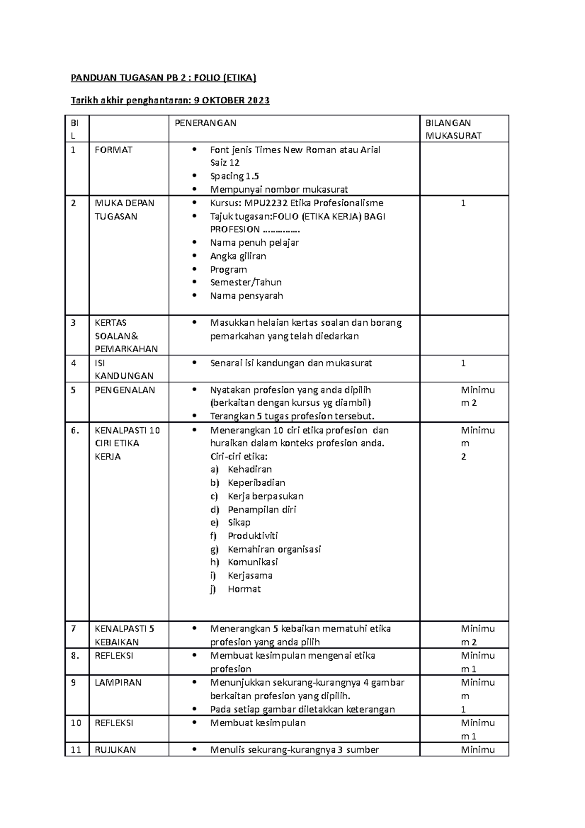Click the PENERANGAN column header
(x=205, y=123)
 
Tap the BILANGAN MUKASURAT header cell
(x=453, y=129)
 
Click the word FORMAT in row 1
(x=113, y=150)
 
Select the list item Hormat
(x=244, y=589)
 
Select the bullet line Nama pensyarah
(x=246, y=296)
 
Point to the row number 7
(x=73, y=629)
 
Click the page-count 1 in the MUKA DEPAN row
(x=463, y=203)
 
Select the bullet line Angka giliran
(x=238, y=256)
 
